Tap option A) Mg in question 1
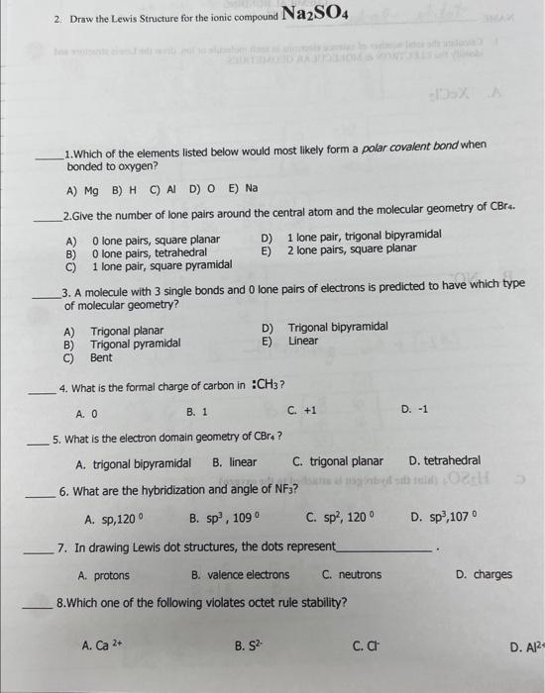tap(82, 188)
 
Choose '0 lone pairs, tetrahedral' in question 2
tap(149, 252)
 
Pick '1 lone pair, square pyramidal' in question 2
tap(162, 265)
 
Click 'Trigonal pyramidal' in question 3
tap(135, 345)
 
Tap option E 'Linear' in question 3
tap(303, 342)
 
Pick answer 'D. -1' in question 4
tap(414, 410)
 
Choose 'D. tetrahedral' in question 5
tap(444, 461)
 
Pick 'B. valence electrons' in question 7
tap(241, 574)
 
